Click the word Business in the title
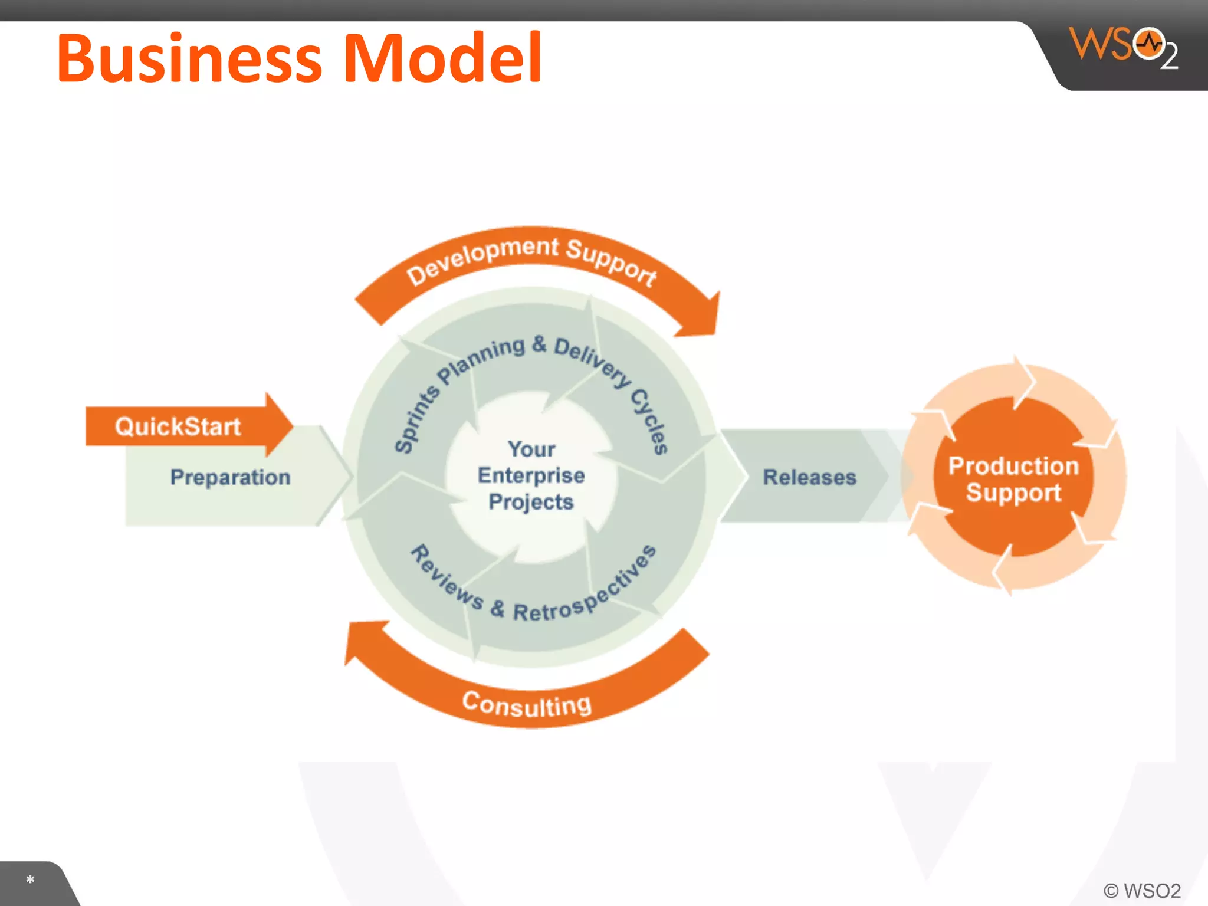[189, 59]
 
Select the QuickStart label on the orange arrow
[178, 426]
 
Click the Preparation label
[230, 477]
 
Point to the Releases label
[809, 477]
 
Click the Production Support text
[1013, 478]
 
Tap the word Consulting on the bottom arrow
[526, 704]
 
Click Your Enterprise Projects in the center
[531, 475]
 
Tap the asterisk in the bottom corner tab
[30, 880]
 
